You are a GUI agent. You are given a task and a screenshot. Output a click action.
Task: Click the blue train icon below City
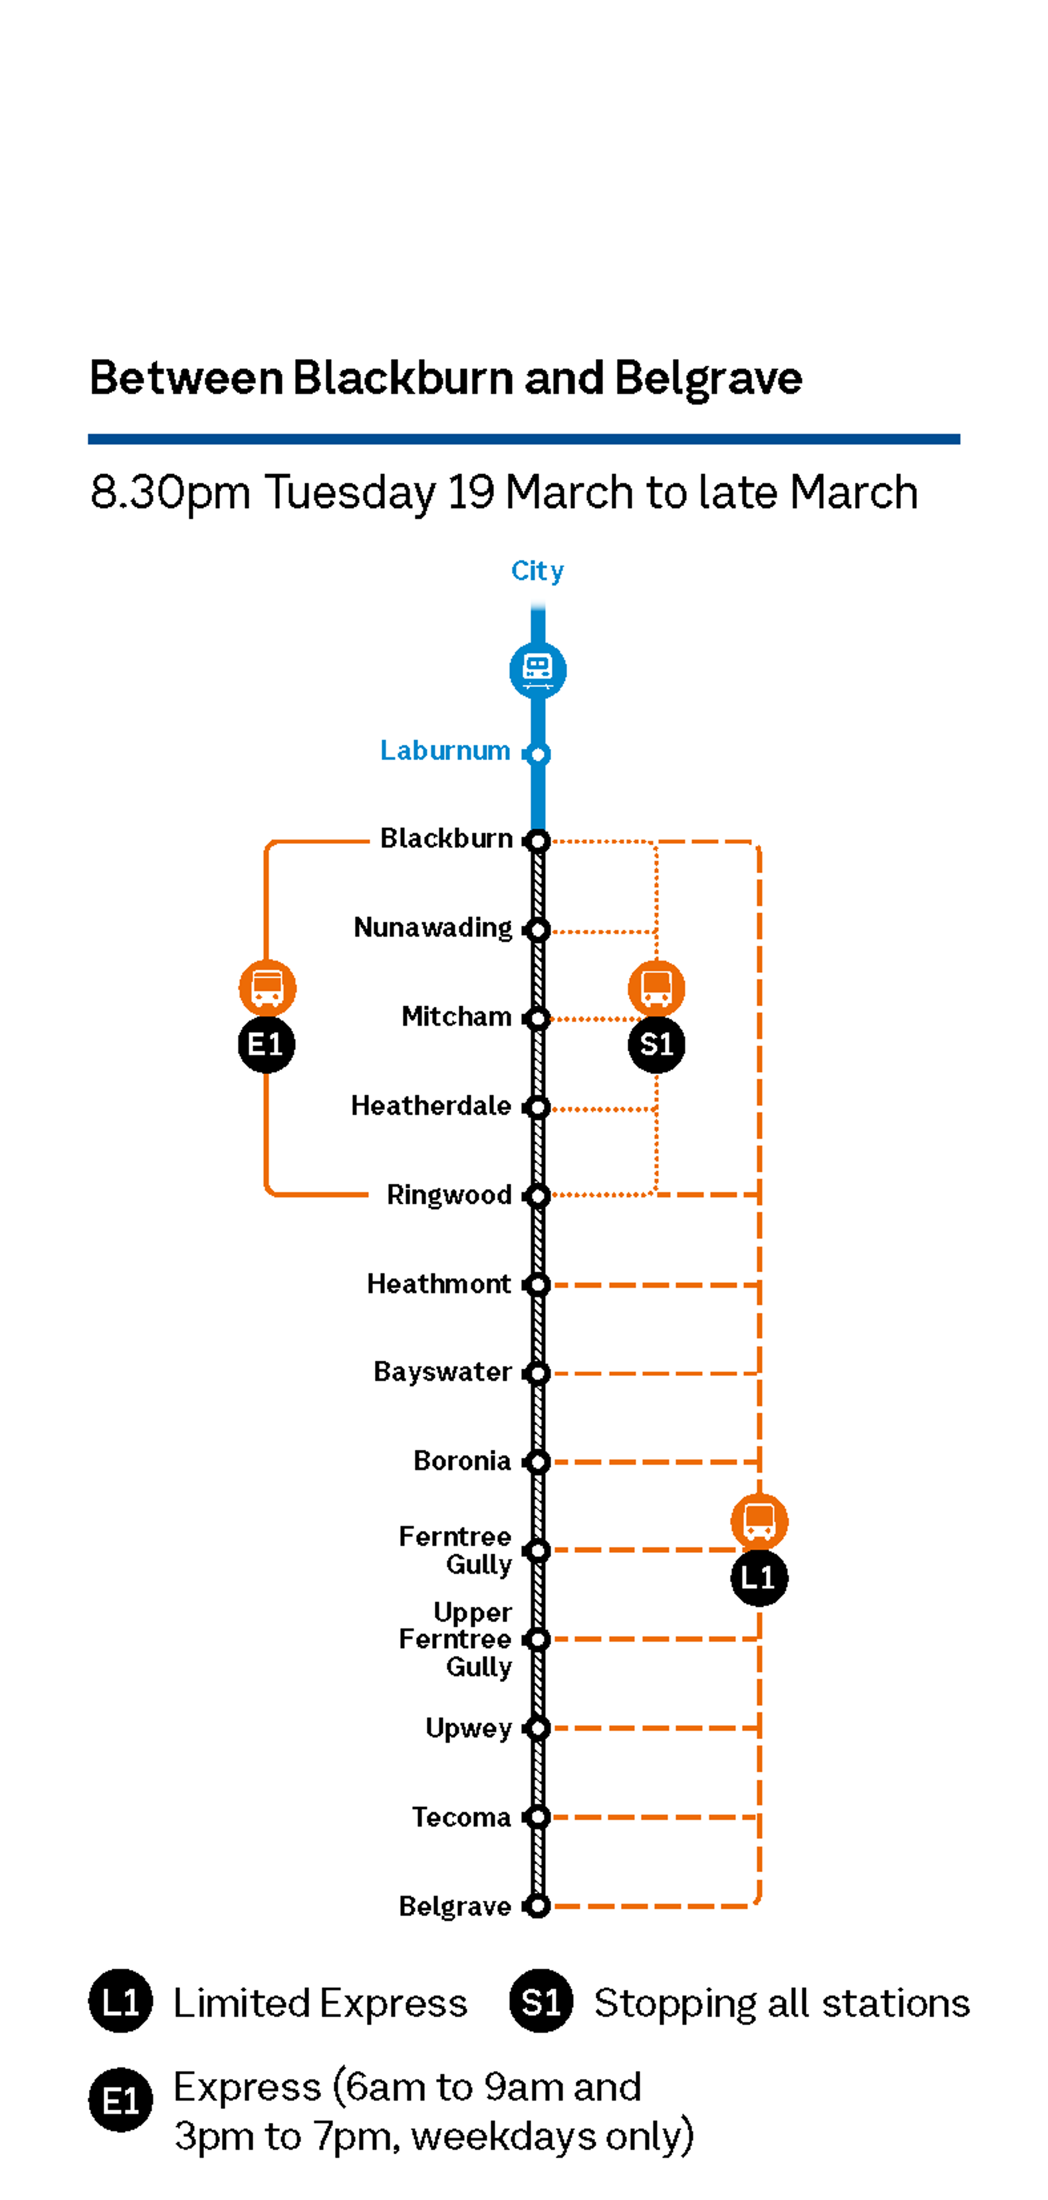[537, 670]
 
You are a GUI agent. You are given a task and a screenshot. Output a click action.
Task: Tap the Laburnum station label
[445, 751]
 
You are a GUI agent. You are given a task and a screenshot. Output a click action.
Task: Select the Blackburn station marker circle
[537, 841]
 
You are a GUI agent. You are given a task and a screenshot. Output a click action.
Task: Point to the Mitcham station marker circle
[537, 1019]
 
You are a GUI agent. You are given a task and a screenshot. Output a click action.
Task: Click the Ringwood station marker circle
[537, 1196]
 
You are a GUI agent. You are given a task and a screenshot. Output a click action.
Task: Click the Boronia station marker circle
[537, 1462]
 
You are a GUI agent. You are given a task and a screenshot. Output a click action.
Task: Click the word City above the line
[537, 571]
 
